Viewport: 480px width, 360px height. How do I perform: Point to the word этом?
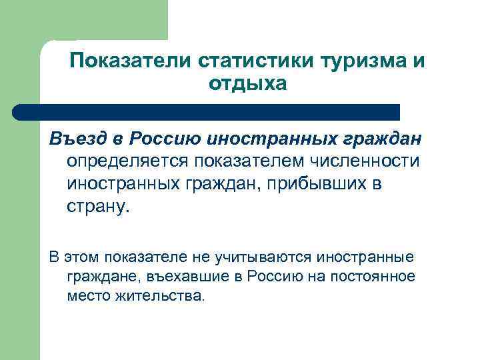click(x=78, y=256)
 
